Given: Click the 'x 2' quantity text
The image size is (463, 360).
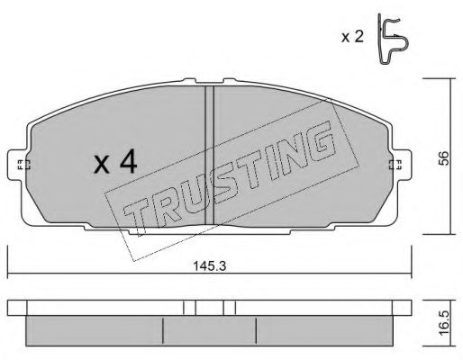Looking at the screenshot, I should pyautogui.click(x=352, y=39).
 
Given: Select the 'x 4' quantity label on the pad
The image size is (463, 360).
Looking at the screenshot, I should pyautogui.click(x=114, y=163).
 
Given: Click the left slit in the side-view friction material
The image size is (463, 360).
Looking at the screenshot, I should pyautogui.click(x=162, y=329).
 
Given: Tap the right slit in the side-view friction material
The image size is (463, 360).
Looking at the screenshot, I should pyautogui.click(x=258, y=329).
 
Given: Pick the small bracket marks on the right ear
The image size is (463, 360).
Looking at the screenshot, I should pyautogui.click(x=393, y=164).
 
